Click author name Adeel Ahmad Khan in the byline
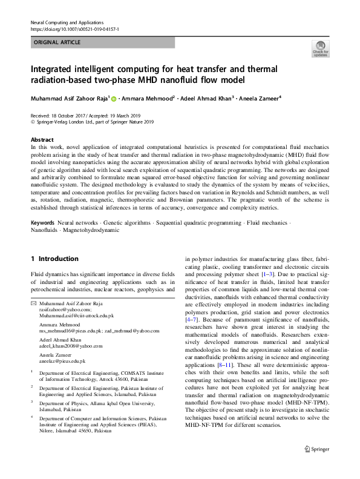click(x=206, y=97)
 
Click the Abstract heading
click(x=42, y=139)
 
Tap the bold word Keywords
click(x=43, y=223)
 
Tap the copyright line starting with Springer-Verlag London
click(x=95, y=121)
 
